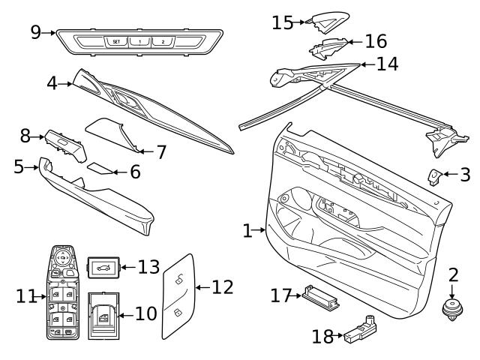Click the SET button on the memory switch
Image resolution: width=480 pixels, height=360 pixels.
click(x=116, y=42)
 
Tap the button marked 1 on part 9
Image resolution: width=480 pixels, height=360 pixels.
click(x=139, y=42)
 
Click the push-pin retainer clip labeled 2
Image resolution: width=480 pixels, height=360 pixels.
click(x=453, y=307)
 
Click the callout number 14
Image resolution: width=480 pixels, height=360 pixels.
click(x=387, y=64)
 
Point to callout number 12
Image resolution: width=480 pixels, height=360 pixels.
click(x=223, y=286)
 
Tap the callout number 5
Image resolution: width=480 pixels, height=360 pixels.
click(x=19, y=166)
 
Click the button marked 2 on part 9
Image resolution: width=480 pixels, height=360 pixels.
click(x=162, y=42)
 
